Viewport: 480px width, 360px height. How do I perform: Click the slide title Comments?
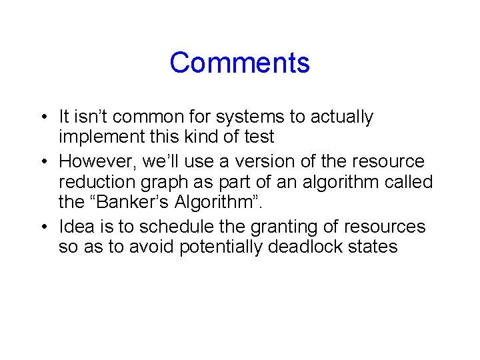(x=239, y=63)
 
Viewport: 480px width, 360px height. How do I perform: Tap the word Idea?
(x=74, y=226)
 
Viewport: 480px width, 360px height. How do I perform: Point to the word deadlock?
(x=300, y=247)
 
